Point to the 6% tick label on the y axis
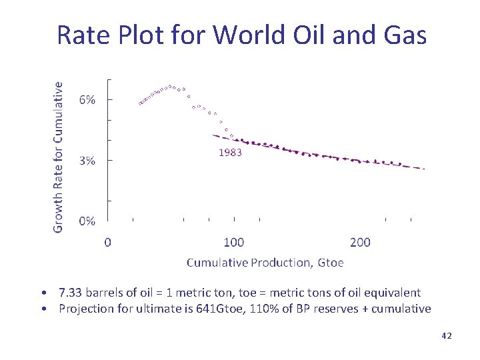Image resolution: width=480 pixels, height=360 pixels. [87, 100]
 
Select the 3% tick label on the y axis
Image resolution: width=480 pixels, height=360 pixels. [87, 161]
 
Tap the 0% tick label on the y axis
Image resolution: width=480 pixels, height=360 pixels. [87, 221]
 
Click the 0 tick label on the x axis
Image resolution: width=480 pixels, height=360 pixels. [108, 242]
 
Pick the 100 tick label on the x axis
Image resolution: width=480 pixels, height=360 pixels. [233, 242]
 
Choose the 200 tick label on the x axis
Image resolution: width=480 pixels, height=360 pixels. [360, 242]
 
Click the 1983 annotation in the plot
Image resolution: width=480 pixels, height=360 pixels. [230, 152]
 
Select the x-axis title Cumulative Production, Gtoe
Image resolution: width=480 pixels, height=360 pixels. [265, 263]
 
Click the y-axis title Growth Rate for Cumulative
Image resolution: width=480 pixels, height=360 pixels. [59, 157]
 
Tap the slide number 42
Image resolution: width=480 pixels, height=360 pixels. [446, 336]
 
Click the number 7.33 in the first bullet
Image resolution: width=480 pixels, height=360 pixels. [70, 293]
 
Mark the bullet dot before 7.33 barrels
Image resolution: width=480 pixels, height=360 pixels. [43, 293]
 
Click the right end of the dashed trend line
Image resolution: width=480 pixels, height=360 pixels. [423, 169]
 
